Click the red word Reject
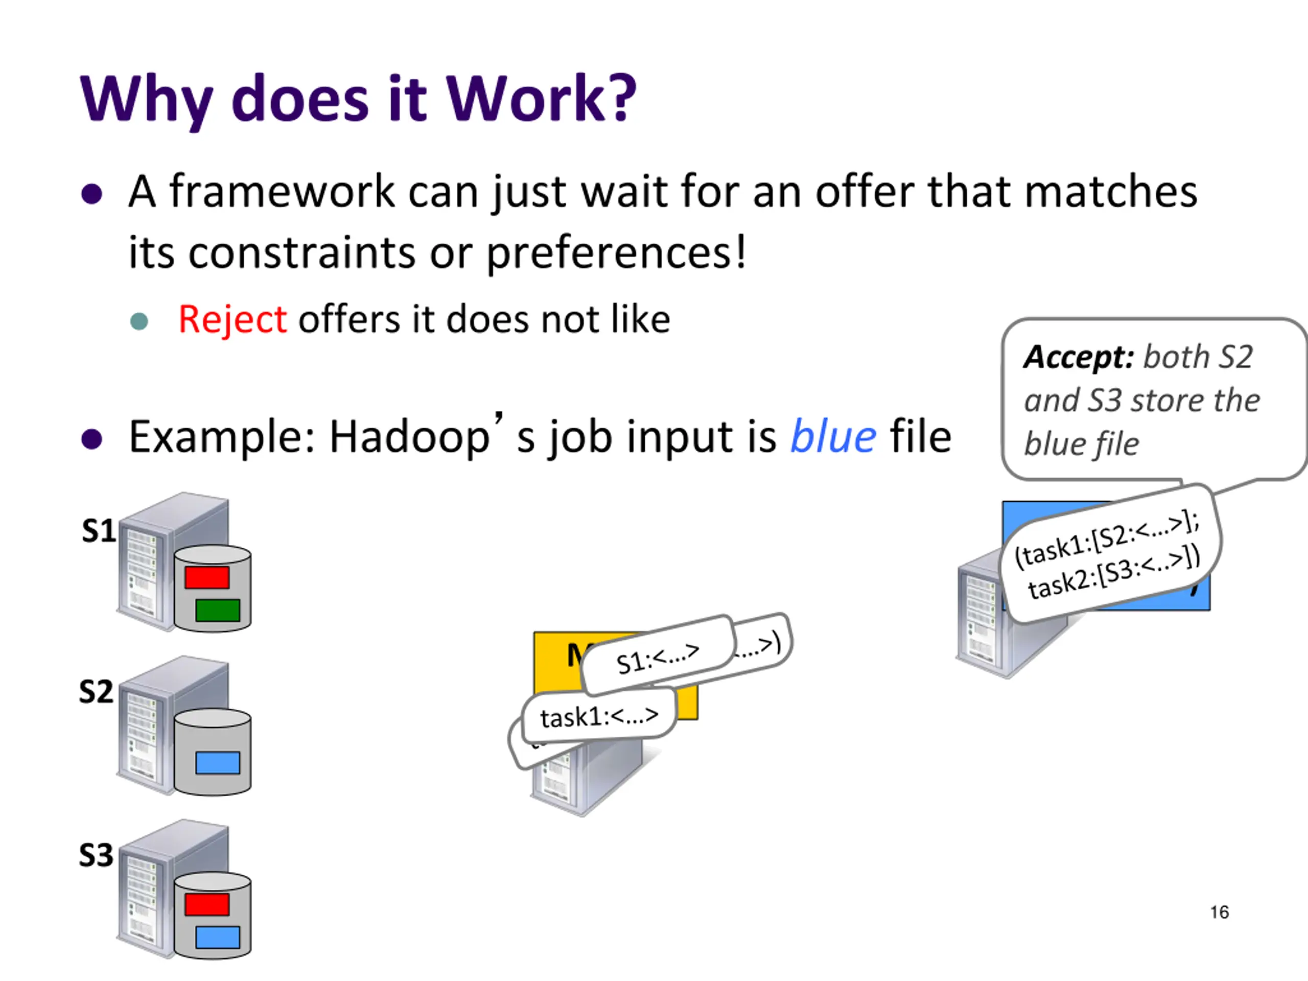click(x=232, y=320)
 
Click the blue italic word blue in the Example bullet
click(x=833, y=437)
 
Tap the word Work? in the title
click(x=541, y=99)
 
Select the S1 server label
click(x=99, y=531)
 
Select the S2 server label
click(x=96, y=691)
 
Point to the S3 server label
click(x=96, y=855)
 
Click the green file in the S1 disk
click(x=218, y=610)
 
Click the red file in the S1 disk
click(x=207, y=577)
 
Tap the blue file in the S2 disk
click(x=218, y=763)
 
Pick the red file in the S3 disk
click(x=207, y=904)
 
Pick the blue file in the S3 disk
click(x=218, y=937)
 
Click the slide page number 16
click(x=1219, y=913)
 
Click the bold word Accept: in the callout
click(x=1079, y=357)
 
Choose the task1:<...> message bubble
click(x=599, y=717)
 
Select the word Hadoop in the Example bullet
click(x=409, y=438)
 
